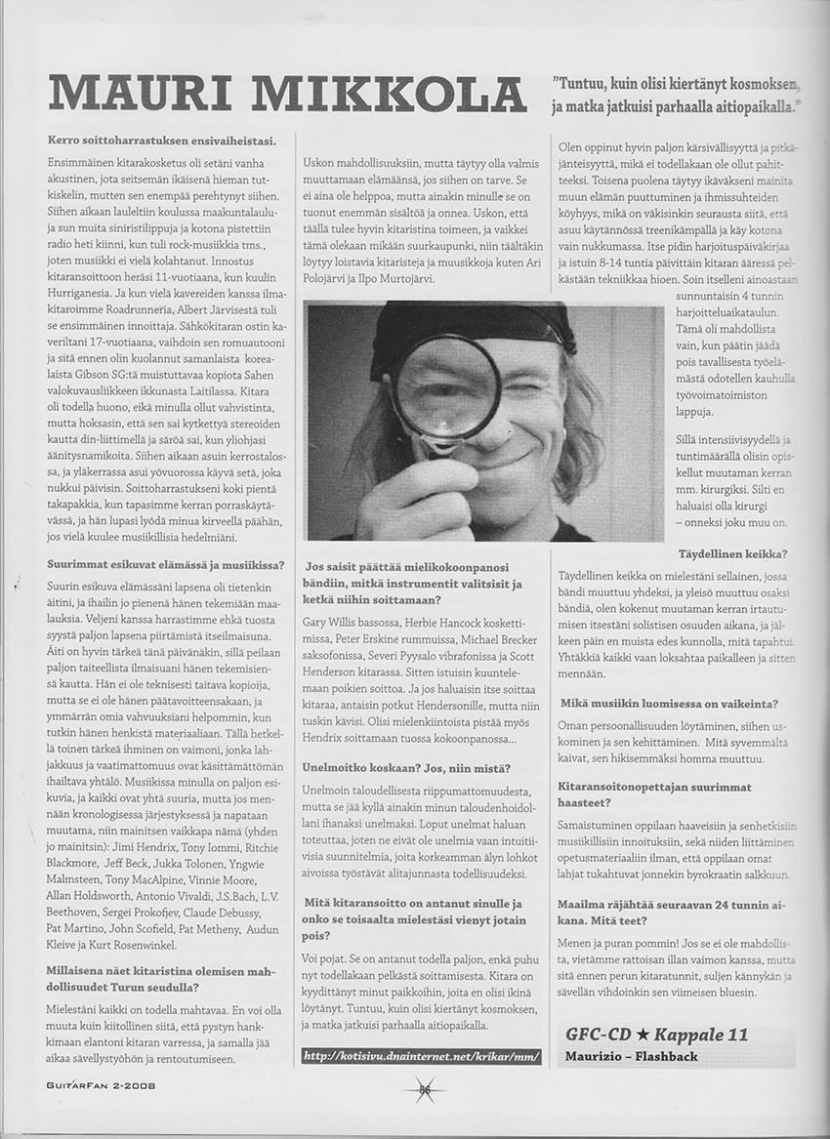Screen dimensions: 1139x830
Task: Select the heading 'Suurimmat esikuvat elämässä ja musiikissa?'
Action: pos(166,564)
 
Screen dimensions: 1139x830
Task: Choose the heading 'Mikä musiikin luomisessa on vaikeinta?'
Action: pos(670,702)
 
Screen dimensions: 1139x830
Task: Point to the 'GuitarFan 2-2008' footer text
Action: pos(100,1083)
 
